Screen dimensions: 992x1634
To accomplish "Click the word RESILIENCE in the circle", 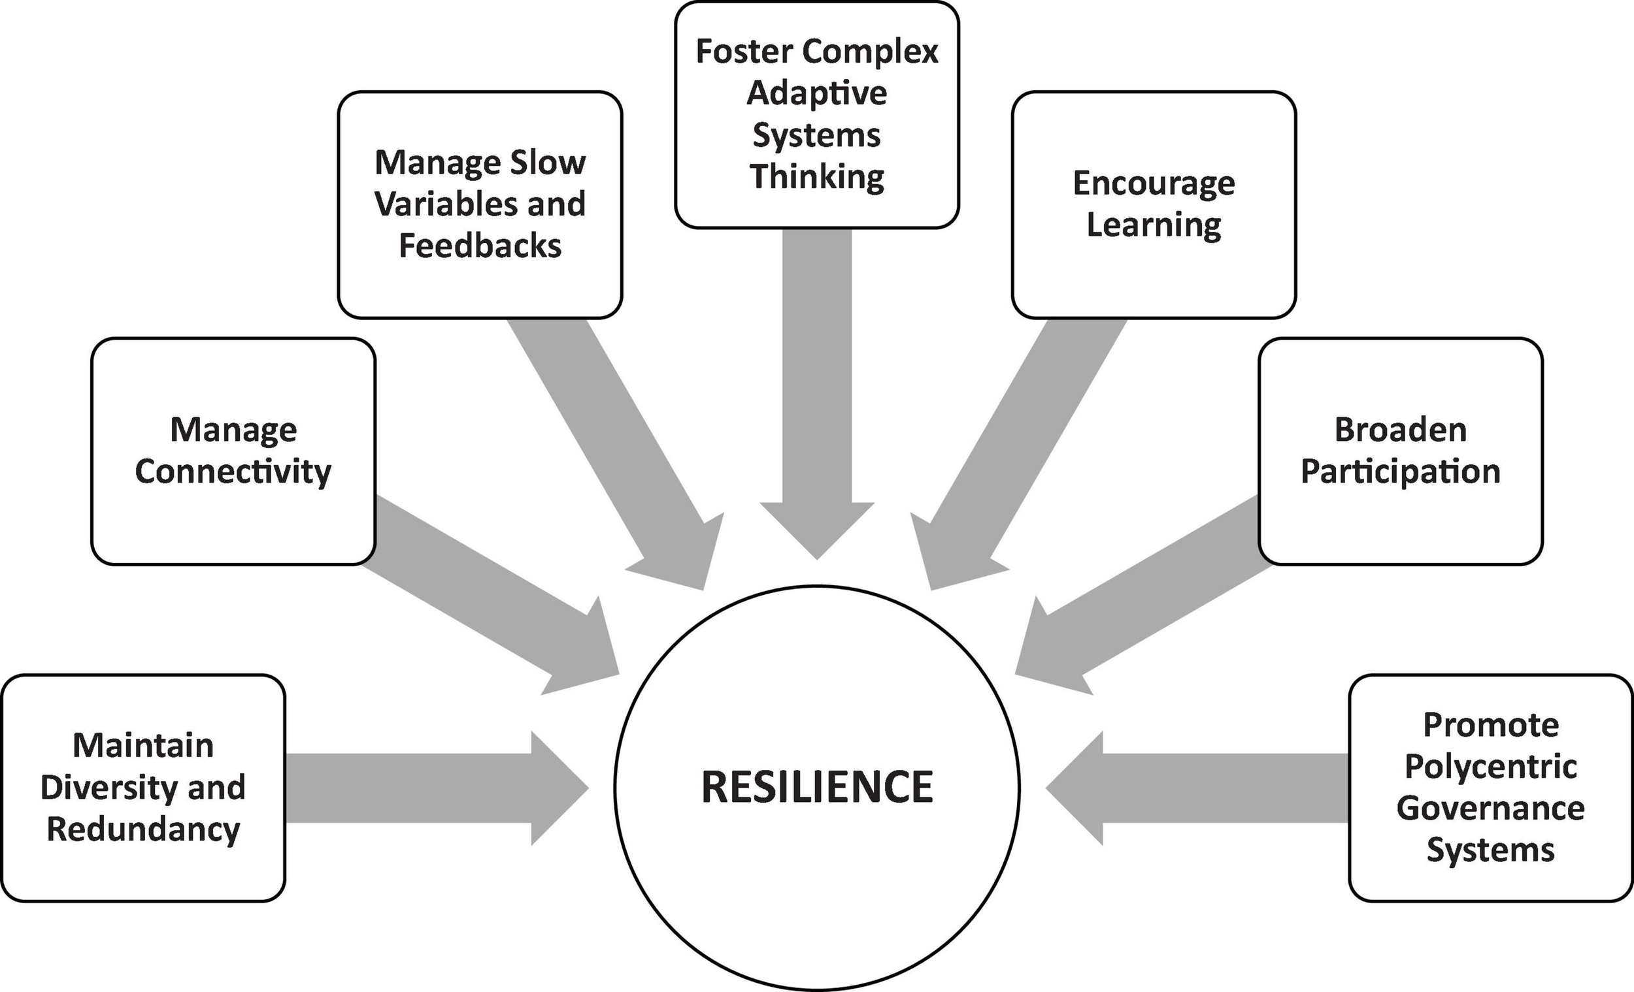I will click(817, 787).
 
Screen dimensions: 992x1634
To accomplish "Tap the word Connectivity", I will click(233, 472).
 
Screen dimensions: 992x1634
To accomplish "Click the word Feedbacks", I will click(480, 246).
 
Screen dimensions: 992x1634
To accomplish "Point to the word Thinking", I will click(817, 177).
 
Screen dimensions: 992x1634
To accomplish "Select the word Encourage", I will click(1154, 184).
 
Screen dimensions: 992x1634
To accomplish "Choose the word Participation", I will click(1401, 472).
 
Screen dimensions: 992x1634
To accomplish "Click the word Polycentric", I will click(1491, 767).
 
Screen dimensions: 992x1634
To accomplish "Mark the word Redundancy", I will click(143, 829).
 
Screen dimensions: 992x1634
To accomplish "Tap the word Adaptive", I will click(817, 93).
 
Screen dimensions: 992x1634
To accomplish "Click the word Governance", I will click(1491, 808).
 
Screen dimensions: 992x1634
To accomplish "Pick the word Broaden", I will click(1401, 430).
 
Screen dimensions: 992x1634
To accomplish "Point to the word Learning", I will click(1154, 225).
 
